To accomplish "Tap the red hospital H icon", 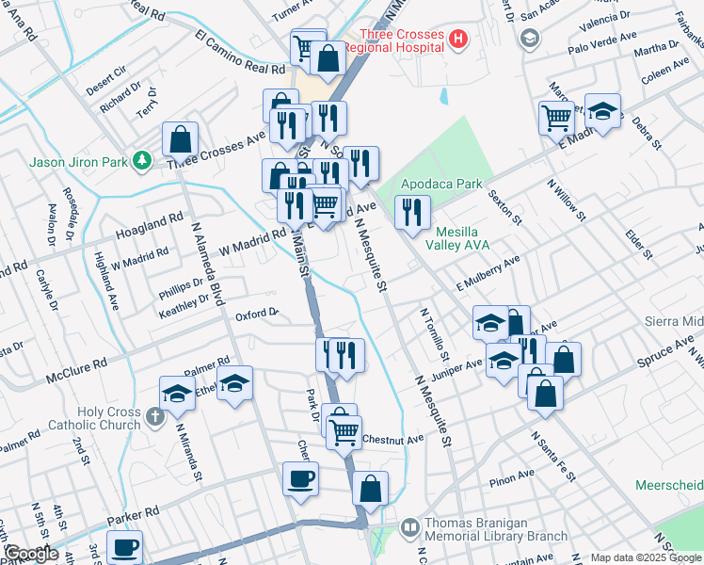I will coord(458,39).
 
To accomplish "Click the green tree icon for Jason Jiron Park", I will coord(142,161).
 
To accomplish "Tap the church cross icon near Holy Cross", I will coord(156,414).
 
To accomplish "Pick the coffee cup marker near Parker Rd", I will coord(300,478).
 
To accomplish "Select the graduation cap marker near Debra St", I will coord(602,110).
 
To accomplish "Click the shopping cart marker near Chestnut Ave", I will coord(344,431).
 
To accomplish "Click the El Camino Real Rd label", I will coord(240,54).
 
